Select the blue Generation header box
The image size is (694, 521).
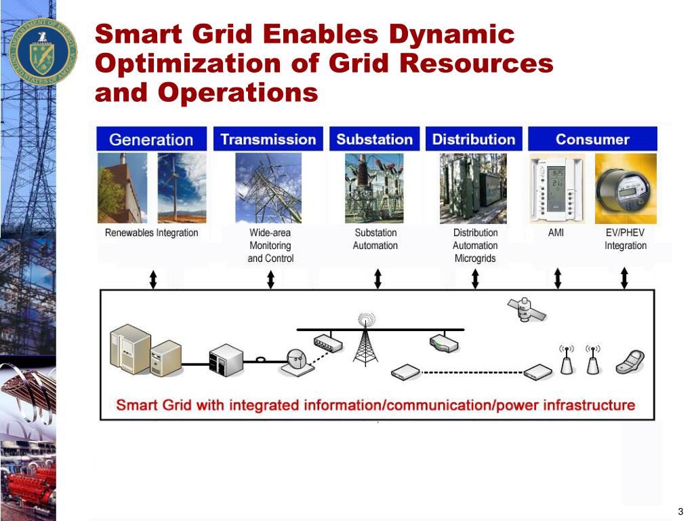[151, 139]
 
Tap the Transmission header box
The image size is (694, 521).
[268, 139]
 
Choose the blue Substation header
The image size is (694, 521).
[374, 139]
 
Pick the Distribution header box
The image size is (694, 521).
[474, 139]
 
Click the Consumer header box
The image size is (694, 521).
[592, 139]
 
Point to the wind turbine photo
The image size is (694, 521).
[182, 188]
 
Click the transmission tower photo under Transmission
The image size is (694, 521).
[268, 188]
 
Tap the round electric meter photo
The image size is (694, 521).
[626, 188]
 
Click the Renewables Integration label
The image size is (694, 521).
[151, 233]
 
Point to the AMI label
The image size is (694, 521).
[556, 233]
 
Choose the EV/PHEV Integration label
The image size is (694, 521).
[625, 239]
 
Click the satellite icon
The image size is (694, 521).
[526, 310]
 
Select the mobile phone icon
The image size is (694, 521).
[630, 363]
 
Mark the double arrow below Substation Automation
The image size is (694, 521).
[377, 278]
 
